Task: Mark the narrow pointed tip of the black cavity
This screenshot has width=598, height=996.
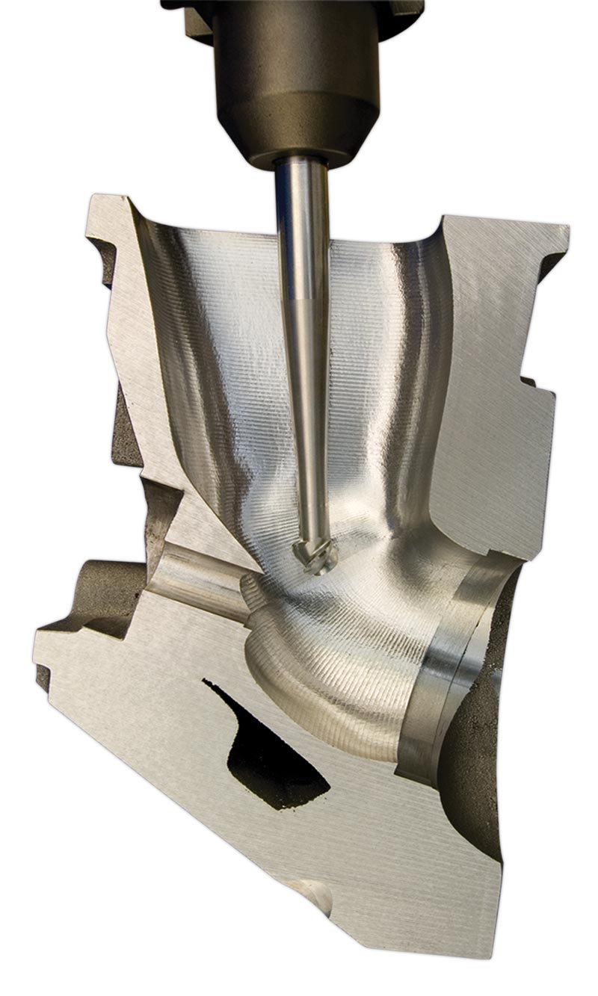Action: (x=208, y=684)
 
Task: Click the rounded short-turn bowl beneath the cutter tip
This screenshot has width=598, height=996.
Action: (x=314, y=658)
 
